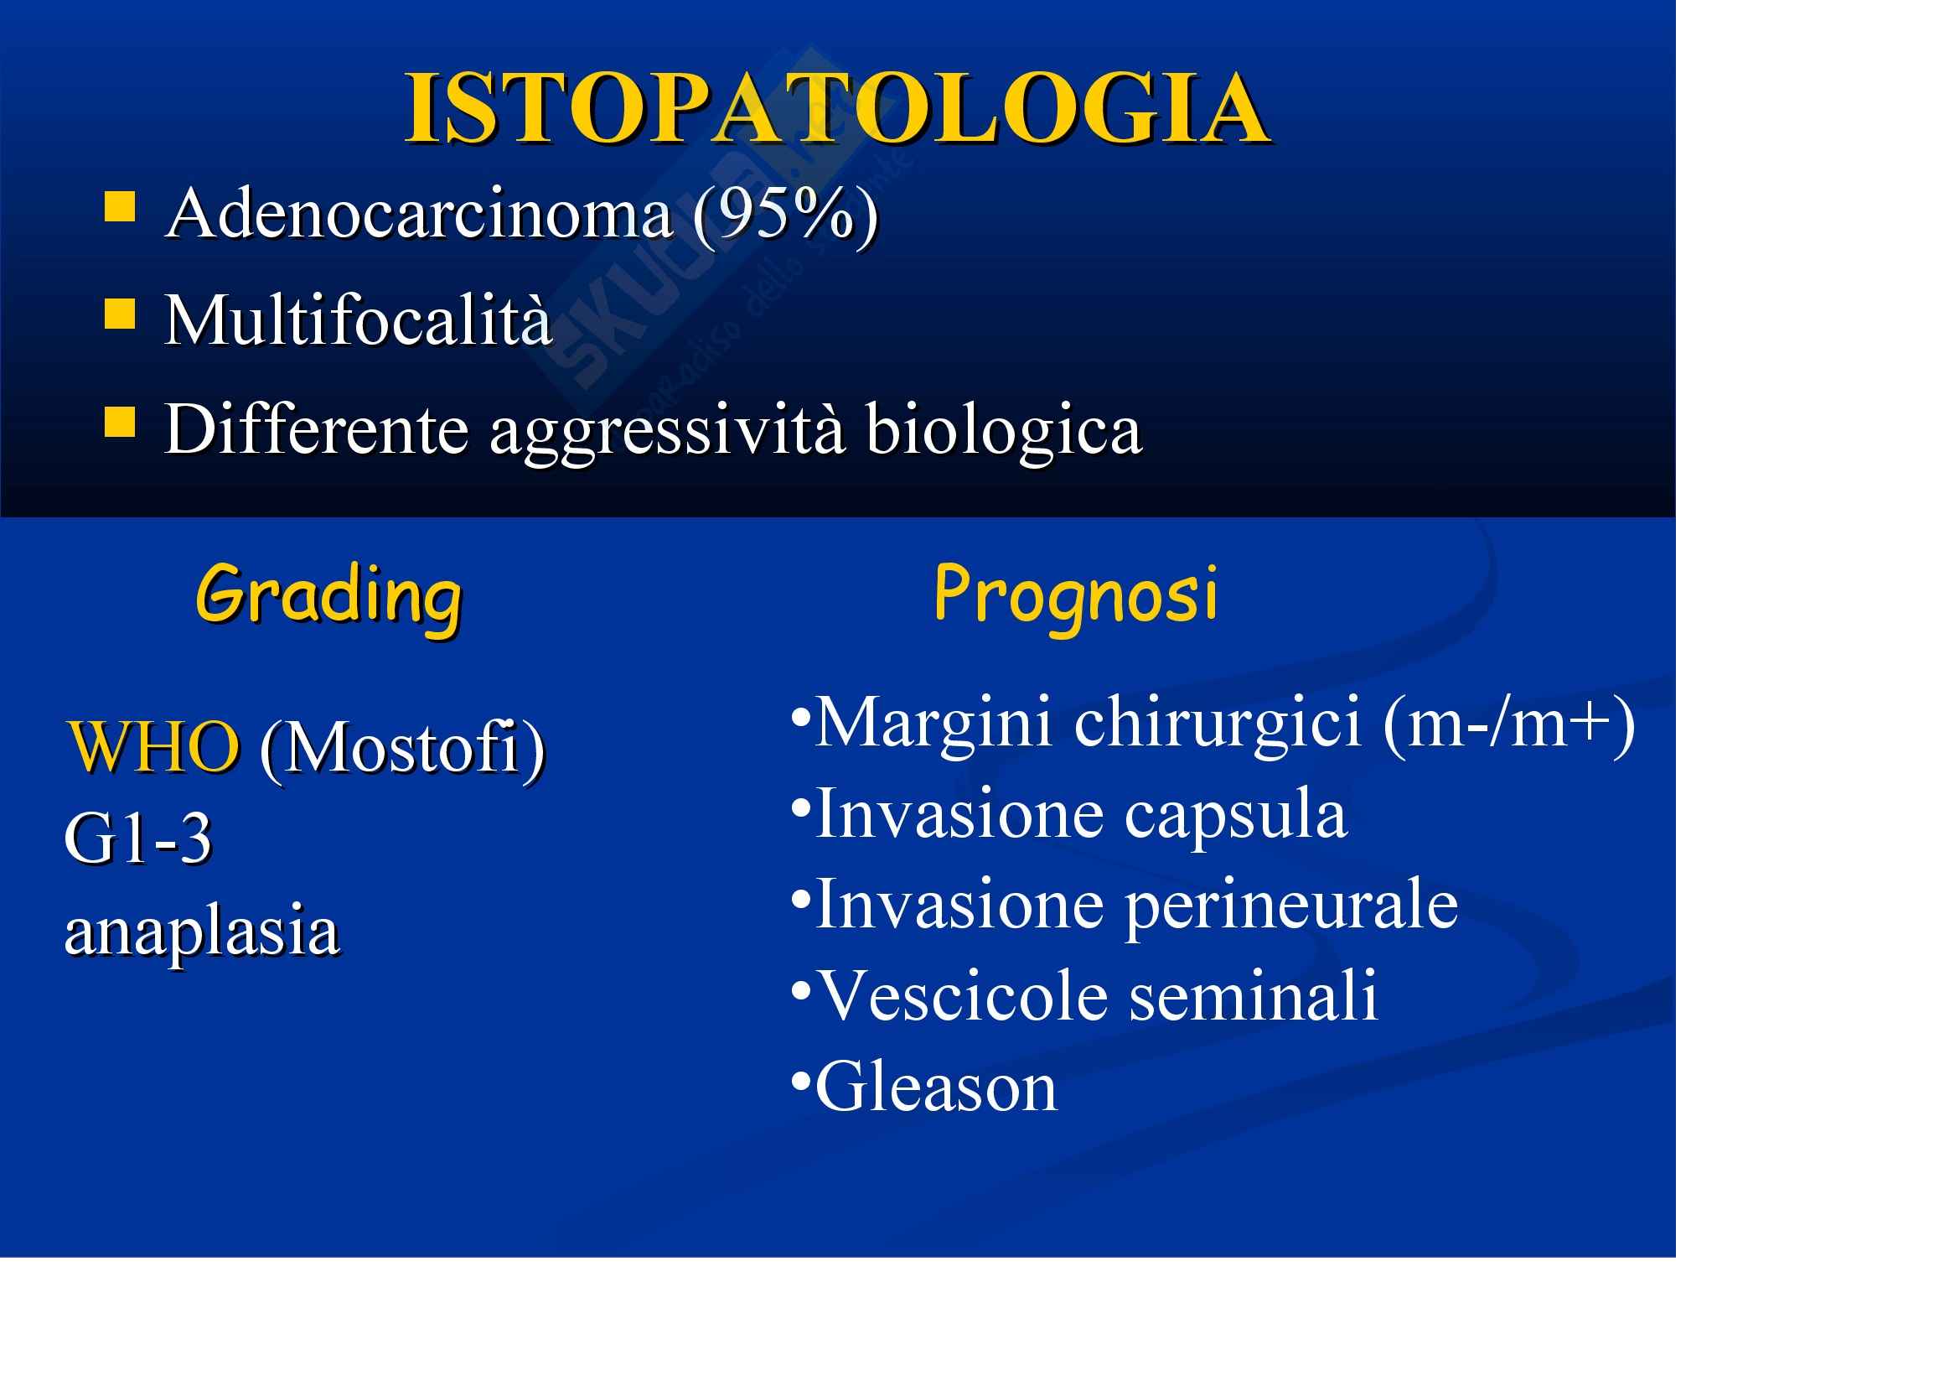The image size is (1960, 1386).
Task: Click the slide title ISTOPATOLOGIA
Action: point(838,108)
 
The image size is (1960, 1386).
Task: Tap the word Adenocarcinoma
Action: point(420,214)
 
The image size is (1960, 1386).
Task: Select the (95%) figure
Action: point(786,215)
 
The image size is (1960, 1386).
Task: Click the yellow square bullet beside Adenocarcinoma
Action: point(120,206)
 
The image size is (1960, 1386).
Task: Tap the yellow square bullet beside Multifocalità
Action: point(120,314)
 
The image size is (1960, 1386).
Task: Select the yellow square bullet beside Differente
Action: point(120,421)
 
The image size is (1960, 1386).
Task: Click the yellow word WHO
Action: point(153,746)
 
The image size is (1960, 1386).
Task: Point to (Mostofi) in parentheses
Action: point(403,749)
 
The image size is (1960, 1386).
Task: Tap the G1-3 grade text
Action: point(138,838)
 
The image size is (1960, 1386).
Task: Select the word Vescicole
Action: point(963,996)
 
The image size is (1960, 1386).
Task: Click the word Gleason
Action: point(938,1088)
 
